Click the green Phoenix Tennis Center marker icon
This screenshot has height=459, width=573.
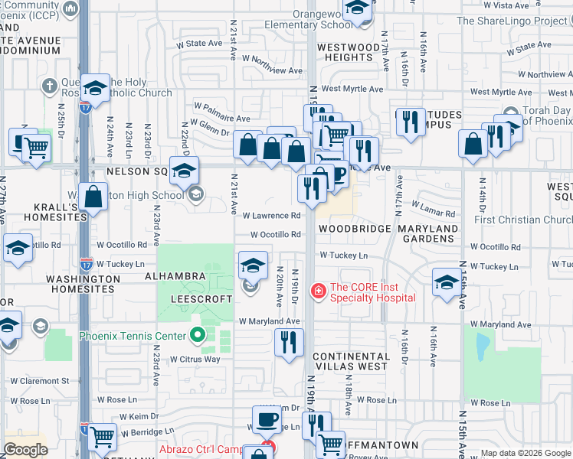tap(198, 336)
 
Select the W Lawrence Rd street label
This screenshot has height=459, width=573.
tap(272, 216)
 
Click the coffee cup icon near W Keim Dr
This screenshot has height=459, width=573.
tap(267, 419)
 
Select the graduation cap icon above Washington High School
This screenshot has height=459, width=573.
tap(183, 169)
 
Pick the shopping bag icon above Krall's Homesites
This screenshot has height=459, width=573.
tap(93, 196)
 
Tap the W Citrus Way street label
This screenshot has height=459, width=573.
tap(195, 359)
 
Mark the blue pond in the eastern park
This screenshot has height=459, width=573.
tap(482, 348)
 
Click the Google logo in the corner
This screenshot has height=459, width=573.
tap(25, 450)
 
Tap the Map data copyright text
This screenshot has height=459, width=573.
tap(526, 453)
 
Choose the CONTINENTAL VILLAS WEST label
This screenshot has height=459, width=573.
tap(350, 361)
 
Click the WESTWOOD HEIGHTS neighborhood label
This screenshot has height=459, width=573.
tap(349, 52)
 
